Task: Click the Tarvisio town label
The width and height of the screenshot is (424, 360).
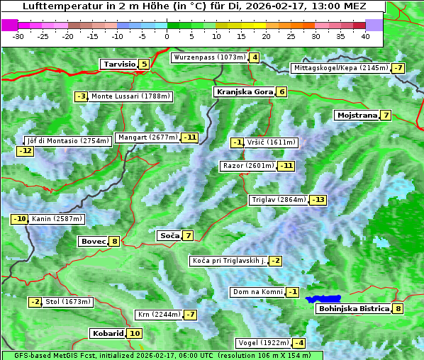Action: (x=118, y=64)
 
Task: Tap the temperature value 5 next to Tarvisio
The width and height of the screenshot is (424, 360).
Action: (x=144, y=64)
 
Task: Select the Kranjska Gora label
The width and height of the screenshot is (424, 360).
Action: (x=244, y=92)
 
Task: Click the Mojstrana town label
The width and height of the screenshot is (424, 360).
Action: (x=357, y=116)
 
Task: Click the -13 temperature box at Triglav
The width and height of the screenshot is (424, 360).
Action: (x=318, y=200)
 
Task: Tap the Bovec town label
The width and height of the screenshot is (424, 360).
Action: (x=93, y=242)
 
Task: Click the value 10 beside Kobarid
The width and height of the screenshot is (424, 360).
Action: (x=135, y=334)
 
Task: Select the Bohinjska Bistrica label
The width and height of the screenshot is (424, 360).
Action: (x=353, y=309)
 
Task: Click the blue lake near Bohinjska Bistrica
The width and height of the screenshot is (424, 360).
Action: (x=323, y=299)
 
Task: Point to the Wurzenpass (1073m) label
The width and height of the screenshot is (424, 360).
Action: (x=209, y=57)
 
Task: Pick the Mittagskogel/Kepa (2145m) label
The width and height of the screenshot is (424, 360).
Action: (x=341, y=68)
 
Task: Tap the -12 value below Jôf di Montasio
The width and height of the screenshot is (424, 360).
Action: (x=26, y=150)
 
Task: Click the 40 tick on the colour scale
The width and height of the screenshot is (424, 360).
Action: (x=365, y=36)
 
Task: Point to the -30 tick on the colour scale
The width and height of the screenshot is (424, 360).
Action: (x=18, y=36)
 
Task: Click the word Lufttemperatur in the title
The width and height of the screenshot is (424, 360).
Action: (x=55, y=6)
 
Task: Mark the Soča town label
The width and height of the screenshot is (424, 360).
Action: (x=169, y=235)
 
